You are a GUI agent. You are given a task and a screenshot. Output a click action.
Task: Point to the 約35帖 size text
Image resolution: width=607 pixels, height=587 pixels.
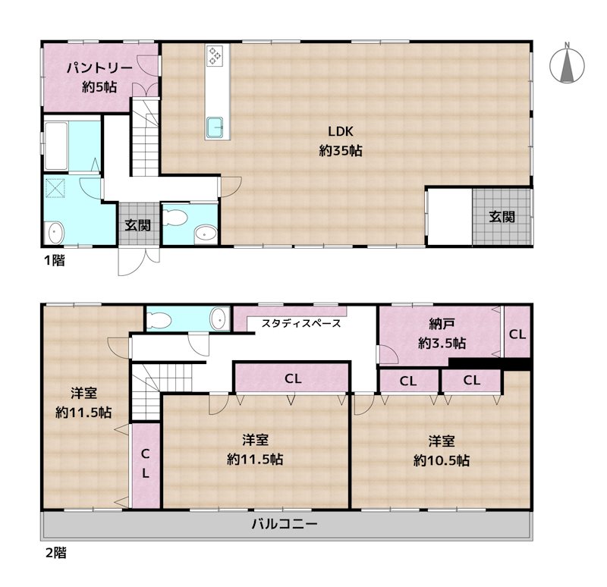(x=340, y=151)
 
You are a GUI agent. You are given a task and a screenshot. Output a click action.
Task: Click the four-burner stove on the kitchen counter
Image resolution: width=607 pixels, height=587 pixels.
(x=215, y=56)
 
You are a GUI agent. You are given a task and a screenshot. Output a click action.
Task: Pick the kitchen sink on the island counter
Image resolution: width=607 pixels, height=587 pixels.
(x=215, y=127)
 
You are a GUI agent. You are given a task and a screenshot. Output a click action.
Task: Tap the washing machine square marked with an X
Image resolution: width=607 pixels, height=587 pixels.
(x=58, y=187)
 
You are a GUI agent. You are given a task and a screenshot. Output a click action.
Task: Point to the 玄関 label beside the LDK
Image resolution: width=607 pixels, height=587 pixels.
(x=501, y=217)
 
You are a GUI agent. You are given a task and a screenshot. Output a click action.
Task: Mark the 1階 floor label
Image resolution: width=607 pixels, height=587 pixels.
(x=53, y=260)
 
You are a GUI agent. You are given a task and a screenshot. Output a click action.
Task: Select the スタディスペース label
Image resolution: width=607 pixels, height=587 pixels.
(x=300, y=323)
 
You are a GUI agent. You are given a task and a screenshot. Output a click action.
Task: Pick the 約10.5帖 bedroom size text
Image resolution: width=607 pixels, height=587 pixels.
(x=441, y=460)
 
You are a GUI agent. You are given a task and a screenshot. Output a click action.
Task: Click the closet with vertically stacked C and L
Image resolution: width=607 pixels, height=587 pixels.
(x=145, y=464)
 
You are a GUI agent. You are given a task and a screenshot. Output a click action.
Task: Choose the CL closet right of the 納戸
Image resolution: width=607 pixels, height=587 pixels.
(x=517, y=334)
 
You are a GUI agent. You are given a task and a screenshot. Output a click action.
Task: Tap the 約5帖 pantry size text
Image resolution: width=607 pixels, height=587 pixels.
(x=99, y=86)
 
